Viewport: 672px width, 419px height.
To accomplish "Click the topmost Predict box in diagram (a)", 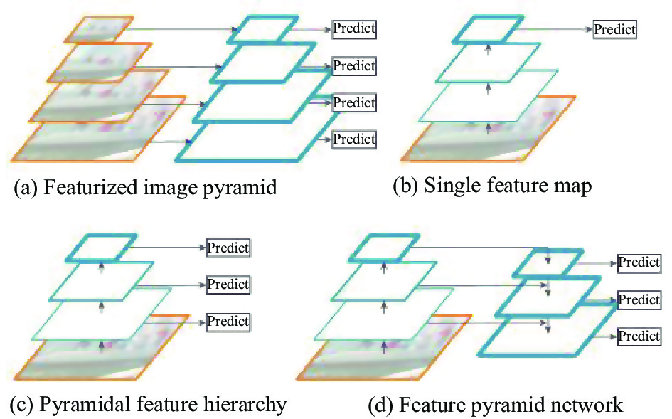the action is tap(354, 28).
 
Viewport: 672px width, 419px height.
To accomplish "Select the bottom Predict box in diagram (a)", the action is tap(354, 139).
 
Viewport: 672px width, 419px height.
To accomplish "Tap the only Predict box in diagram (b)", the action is tap(614, 30).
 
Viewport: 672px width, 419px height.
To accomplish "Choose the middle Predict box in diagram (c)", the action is tap(228, 285).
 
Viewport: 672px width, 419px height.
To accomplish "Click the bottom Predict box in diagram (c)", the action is tap(228, 322).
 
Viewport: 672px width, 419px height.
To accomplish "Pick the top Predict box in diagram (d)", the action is tap(639, 262).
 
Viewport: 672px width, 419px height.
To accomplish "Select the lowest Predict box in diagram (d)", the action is tap(639, 336).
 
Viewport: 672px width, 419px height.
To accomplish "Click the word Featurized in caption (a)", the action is tap(90, 187).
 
